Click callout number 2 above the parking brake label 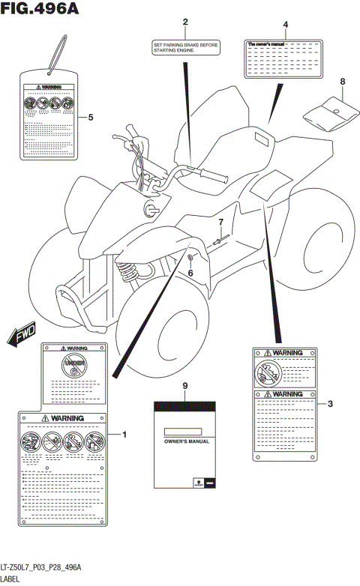tap(185, 23)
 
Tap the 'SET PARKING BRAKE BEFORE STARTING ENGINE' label tap(185, 48)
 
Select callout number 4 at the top tap(285, 25)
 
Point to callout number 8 tap(342, 81)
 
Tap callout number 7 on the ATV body tap(221, 223)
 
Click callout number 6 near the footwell tap(190, 272)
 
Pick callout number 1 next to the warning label tap(124, 435)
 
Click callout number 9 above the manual tap(184, 385)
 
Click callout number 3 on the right tap(330, 404)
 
